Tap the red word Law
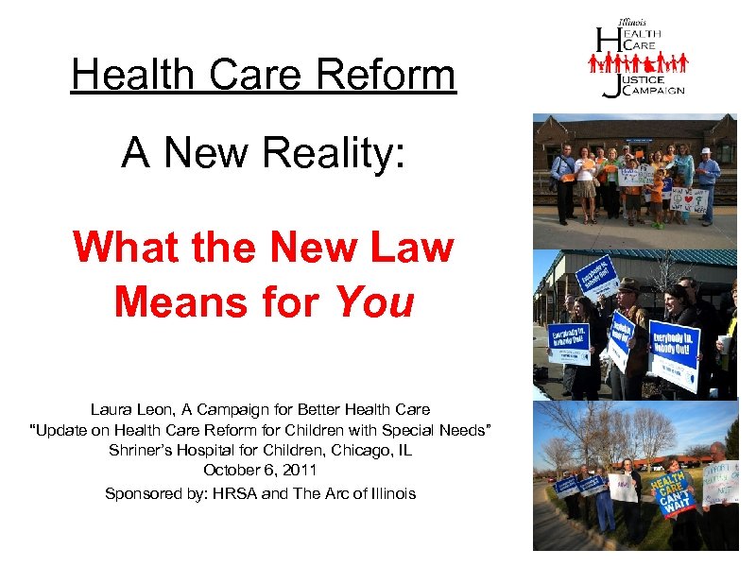(x=412, y=249)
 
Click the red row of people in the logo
(x=638, y=63)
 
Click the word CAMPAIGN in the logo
(x=651, y=91)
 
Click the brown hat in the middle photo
(x=628, y=284)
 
